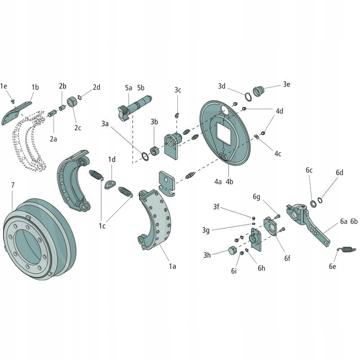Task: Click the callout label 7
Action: [13, 185]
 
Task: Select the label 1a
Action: [172, 266]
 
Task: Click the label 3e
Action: [287, 84]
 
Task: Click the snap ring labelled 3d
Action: [248, 96]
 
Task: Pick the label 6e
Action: [333, 266]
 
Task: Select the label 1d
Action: [112, 159]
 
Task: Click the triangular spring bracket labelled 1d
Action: [111, 184]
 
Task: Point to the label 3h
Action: [207, 255]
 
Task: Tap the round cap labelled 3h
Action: [233, 250]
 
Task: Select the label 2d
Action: [96, 87]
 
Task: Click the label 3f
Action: [216, 207]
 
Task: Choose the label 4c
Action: [278, 153]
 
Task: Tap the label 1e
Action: [4, 86]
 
